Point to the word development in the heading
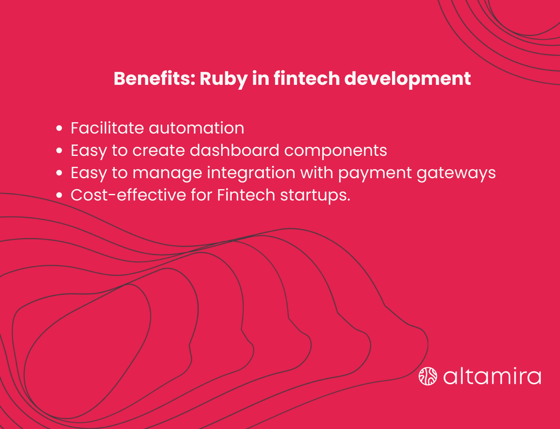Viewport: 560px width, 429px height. (407, 79)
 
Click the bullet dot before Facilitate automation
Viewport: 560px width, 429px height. (60, 129)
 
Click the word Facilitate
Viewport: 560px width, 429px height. (107, 128)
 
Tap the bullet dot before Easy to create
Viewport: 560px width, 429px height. (60, 151)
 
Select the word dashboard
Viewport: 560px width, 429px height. (234, 151)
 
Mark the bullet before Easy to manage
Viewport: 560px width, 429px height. (60, 173)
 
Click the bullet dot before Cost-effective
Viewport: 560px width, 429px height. (60, 196)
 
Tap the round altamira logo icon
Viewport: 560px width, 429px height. (428, 376)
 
